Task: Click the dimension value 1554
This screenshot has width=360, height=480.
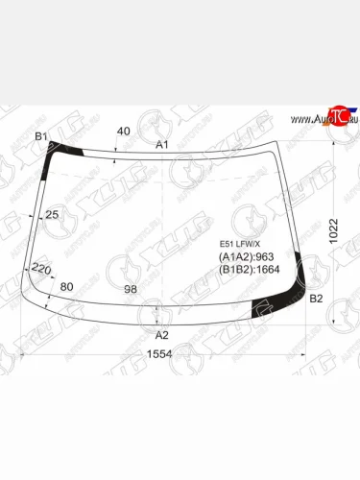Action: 160,354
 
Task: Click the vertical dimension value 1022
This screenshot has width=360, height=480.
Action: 332,229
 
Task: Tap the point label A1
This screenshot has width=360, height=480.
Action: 162,144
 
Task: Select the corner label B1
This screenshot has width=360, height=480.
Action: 41,136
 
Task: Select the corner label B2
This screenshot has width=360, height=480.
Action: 315,300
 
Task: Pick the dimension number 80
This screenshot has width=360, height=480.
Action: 66,287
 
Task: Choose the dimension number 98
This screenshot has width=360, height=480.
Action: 131,288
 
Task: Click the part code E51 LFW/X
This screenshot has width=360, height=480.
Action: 239,245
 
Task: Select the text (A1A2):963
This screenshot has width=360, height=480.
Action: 243,257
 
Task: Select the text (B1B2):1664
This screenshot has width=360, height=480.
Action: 247,270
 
